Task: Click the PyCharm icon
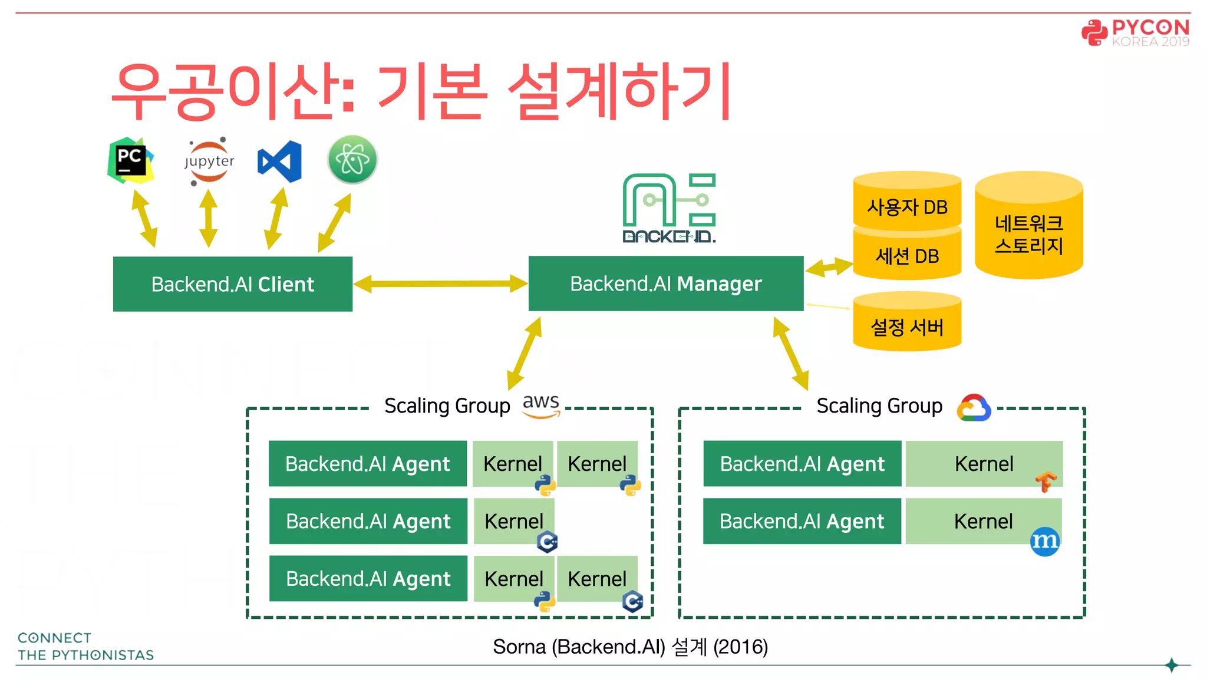[130, 160]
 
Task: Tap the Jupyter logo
[209, 161]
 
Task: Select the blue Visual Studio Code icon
[279, 161]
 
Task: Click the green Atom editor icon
[352, 160]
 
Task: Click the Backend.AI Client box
[233, 284]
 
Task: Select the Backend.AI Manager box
[666, 284]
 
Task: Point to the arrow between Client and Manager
[440, 284]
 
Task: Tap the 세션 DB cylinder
[907, 256]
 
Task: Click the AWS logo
[541, 406]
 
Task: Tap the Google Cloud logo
[974, 407]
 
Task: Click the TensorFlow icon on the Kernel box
[1046, 481]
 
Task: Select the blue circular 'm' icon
[1045, 541]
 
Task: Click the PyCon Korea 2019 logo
[1136, 32]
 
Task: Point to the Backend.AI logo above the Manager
[670, 208]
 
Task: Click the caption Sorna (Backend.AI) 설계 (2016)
[630, 647]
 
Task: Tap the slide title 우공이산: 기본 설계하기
[421, 91]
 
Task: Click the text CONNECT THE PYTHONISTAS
[85, 647]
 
